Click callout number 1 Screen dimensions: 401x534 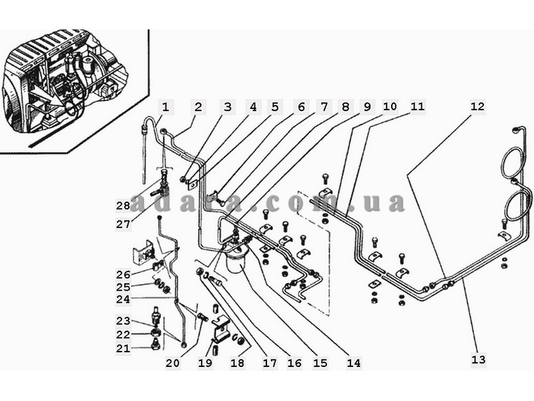(x=166, y=107)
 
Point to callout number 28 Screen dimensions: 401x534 (x=122, y=205)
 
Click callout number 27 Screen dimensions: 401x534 (x=122, y=224)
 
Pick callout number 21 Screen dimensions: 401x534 (x=122, y=348)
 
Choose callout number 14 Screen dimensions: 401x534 (x=353, y=363)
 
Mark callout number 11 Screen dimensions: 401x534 (x=417, y=107)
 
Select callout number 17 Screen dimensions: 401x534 (x=269, y=363)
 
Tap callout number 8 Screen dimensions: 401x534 (x=344, y=107)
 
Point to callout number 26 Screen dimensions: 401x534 (x=122, y=275)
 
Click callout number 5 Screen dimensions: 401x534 (x=275, y=107)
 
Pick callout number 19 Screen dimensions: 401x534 (x=205, y=363)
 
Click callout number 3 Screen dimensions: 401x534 (x=228, y=107)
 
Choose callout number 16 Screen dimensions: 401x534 (x=294, y=363)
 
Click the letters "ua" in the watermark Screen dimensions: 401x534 (x=386, y=203)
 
